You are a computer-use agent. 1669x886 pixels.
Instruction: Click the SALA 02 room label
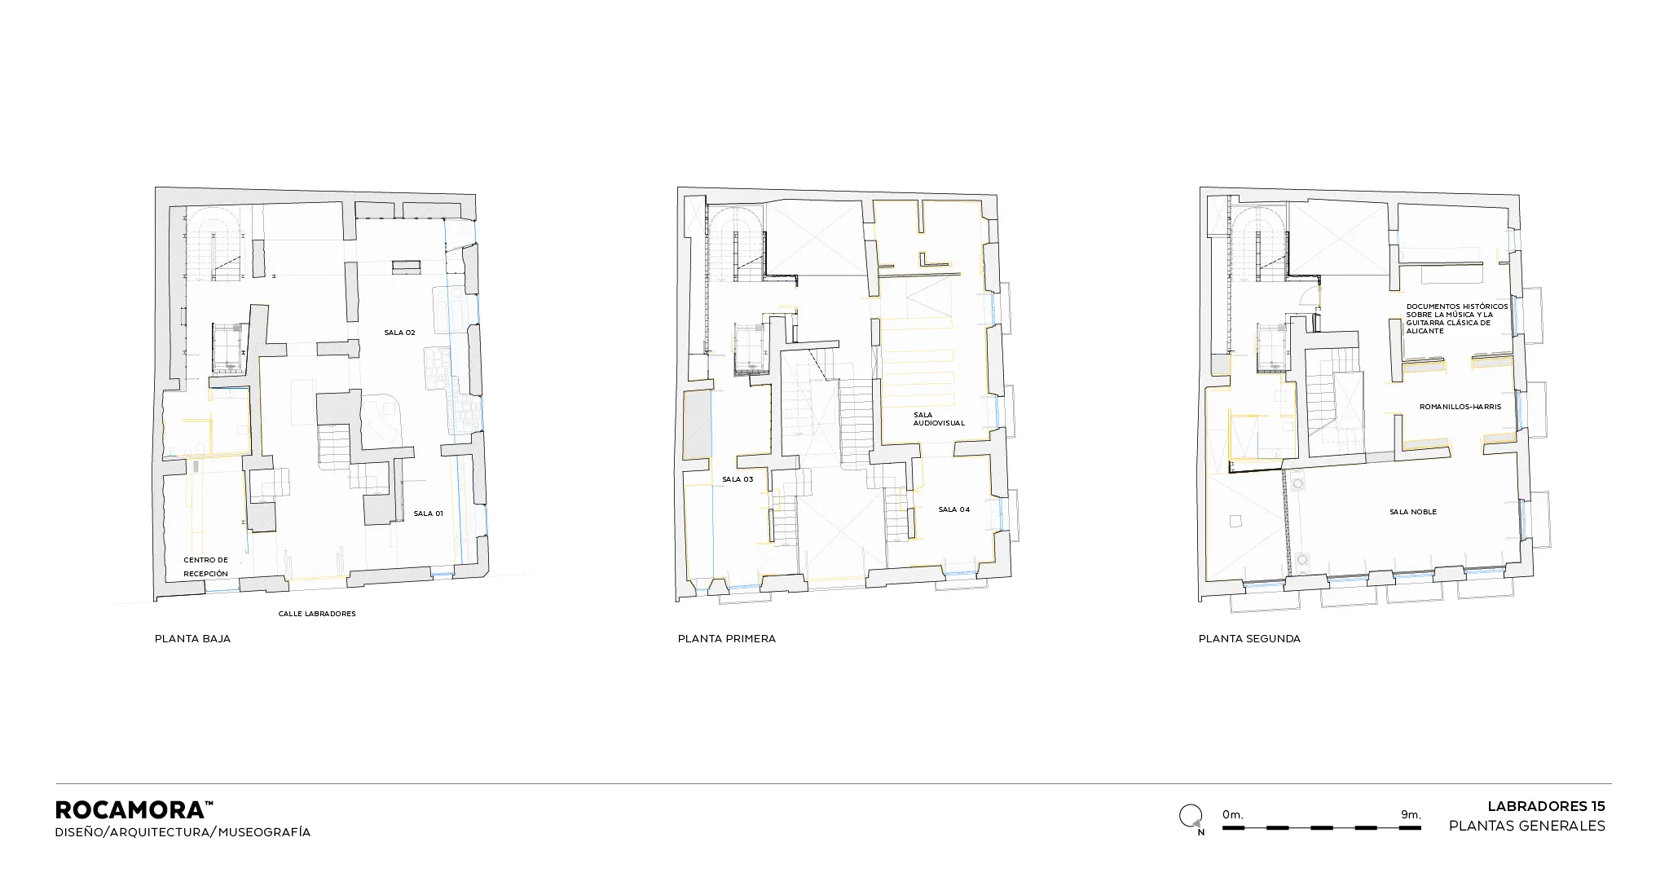[x=399, y=333]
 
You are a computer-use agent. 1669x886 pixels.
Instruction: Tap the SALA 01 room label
[x=428, y=514]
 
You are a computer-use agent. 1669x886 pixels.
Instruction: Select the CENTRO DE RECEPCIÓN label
[x=206, y=566]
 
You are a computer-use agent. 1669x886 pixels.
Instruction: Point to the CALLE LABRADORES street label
[x=317, y=614]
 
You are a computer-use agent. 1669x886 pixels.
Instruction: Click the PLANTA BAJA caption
[x=192, y=639]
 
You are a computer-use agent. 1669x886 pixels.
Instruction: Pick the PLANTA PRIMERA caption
[x=727, y=639]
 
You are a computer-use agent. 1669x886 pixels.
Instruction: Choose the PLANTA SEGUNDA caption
[x=1249, y=639]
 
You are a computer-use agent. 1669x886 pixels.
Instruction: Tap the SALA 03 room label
[x=738, y=479]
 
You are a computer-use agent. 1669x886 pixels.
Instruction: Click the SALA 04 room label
[x=954, y=509]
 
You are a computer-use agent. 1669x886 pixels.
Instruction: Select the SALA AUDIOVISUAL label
[x=939, y=419]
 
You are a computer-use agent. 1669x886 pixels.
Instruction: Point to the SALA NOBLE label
[x=1413, y=512]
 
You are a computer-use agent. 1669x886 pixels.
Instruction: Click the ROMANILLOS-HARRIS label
[x=1460, y=407]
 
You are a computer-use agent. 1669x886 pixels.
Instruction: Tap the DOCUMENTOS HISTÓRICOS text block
[x=1457, y=319]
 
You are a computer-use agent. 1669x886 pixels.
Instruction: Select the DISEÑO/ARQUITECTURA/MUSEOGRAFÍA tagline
[x=183, y=832]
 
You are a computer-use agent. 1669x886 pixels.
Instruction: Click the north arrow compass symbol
[x=1191, y=818]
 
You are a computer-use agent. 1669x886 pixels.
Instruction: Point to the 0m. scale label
[x=1233, y=814]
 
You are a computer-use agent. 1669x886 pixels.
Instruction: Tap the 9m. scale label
[x=1411, y=814]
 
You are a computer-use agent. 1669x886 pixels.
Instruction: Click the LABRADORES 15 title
[x=1546, y=806]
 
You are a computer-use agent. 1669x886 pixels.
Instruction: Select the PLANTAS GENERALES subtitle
[x=1527, y=826]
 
